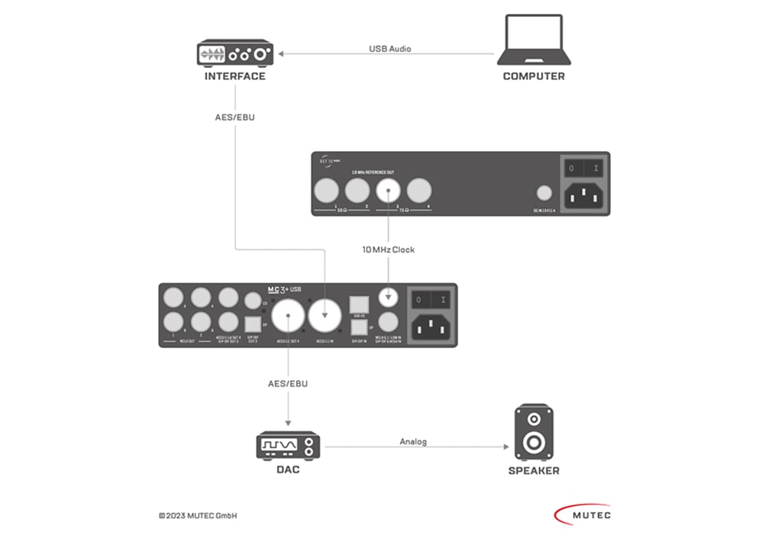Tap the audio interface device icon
tap(235, 54)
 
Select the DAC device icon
tap(288, 446)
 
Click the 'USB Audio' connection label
tap(391, 49)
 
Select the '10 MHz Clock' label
tap(388, 249)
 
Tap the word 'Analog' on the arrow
tap(413, 441)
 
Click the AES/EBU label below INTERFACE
tap(235, 118)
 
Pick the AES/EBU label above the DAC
tap(287, 382)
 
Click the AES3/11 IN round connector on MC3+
tap(326, 314)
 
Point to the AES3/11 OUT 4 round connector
tap(288, 315)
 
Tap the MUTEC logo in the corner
tap(582, 514)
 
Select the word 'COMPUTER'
tap(534, 76)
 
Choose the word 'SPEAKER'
tap(534, 470)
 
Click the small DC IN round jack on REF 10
tap(544, 193)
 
